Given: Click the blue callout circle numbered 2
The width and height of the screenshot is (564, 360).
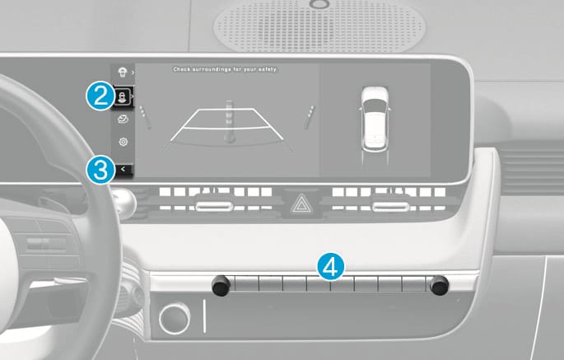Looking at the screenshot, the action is (100, 96).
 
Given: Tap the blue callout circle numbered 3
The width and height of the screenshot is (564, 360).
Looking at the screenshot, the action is (100, 170).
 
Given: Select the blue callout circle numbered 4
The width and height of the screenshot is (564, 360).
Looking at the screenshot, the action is (331, 267).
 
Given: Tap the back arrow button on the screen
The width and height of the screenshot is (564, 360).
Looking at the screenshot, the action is (124, 169).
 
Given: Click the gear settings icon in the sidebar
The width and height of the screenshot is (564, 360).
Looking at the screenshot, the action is (123, 142).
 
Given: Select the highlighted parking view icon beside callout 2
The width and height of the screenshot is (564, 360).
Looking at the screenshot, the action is (123, 97).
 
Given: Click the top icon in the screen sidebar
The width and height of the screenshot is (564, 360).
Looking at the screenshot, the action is (123, 72).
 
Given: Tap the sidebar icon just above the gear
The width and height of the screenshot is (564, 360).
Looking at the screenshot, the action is (123, 119).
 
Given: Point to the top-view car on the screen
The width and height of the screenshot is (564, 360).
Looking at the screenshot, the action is (375, 118).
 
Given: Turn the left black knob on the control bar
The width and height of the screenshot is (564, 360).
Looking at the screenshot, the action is (221, 285).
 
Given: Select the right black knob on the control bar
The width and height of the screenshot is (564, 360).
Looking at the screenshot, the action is (440, 285).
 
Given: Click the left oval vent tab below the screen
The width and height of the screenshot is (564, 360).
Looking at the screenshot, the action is (214, 206).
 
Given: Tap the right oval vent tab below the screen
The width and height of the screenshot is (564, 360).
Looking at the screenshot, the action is (390, 207).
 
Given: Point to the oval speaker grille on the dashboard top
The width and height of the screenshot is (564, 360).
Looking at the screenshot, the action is (319, 26).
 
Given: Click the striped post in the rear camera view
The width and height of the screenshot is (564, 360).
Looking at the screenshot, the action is (229, 122).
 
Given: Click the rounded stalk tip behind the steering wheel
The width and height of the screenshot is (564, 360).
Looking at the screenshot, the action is (124, 203).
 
